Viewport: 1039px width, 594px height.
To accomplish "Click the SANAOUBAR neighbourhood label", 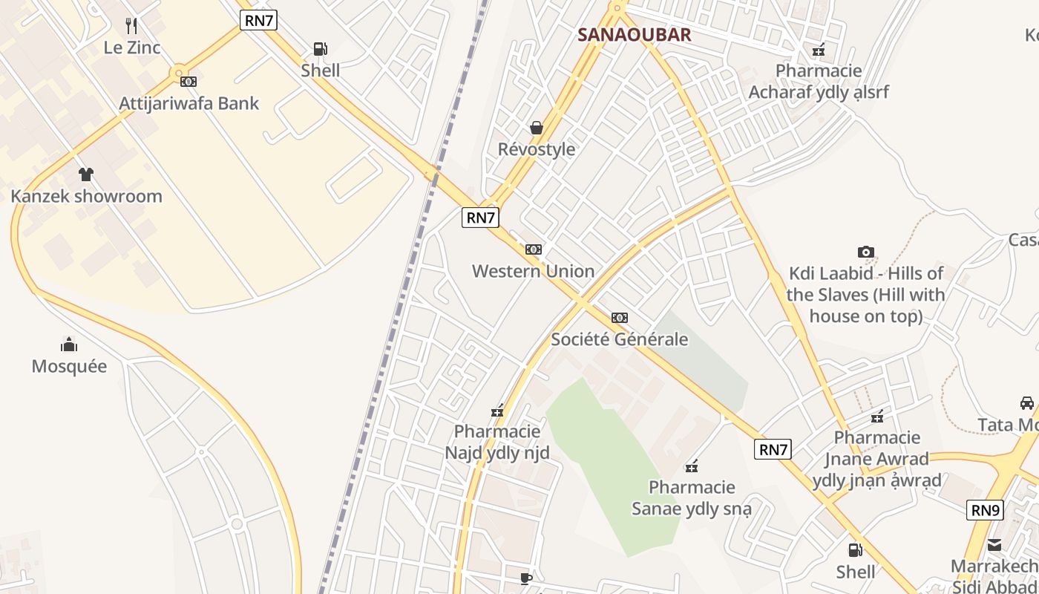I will click(635, 34).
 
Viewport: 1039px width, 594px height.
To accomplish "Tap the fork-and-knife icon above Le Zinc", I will click(132, 26).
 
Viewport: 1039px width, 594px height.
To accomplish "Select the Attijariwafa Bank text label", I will click(189, 103).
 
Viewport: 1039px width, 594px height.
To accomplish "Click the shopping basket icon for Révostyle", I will click(537, 128).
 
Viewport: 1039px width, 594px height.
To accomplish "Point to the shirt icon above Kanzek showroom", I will click(86, 174).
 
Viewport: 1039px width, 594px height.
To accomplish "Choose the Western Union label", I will click(533, 271).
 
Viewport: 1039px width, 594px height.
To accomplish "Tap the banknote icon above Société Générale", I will click(620, 318).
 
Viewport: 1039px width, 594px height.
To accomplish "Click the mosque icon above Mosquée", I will click(69, 345).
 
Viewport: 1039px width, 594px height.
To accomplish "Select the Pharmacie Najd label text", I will click(497, 442).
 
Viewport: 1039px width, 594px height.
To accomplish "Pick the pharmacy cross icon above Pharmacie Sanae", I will click(692, 466).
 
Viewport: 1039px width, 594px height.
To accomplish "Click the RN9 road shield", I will click(986, 510).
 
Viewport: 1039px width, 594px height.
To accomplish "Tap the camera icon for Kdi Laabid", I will click(865, 252).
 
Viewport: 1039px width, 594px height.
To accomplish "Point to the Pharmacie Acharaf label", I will click(819, 82).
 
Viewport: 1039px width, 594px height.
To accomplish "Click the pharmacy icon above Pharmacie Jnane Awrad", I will click(878, 417).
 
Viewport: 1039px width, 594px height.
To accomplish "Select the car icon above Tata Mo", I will click(1027, 403).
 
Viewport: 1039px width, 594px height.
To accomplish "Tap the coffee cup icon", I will click(526, 578).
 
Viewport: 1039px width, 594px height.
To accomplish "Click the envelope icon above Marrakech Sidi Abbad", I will click(994, 546).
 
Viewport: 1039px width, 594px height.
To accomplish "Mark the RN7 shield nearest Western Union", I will click(480, 218).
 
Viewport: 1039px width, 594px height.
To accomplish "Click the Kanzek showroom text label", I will click(86, 196).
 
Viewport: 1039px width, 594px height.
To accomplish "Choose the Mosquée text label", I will click(69, 366).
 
